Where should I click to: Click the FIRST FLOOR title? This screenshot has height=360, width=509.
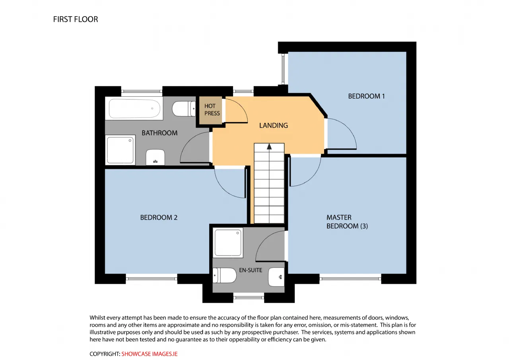[x=76, y=19]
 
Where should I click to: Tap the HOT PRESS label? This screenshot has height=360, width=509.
[x=212, y=109]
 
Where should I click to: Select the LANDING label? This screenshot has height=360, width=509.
[x=274, y=125]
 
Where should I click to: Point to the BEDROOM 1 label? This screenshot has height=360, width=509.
[x=366, y=96]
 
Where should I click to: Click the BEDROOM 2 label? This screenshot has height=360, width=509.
[x=159, y=218]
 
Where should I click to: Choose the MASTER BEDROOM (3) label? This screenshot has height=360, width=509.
[x=347, y=222]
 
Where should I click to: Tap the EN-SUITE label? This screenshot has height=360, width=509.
[x=251, y=270]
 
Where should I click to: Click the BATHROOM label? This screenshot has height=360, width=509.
[x=159, y=133]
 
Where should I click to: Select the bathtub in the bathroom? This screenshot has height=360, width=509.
[x=134, y=109]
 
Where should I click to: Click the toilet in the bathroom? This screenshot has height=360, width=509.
[x=184, y=109]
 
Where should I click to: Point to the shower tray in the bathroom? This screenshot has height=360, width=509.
[x=120, y=150]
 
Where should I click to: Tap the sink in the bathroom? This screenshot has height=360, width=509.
[x=155, y=157]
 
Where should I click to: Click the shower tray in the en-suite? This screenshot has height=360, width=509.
[x=228, y=243]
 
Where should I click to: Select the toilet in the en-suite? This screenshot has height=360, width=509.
[x=225, y=275]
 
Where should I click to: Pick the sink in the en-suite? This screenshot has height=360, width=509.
[x=276, y=277]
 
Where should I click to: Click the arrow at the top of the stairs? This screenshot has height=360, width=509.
[x=269, y=147]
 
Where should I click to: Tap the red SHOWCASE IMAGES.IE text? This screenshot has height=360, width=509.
[x=150, y=354]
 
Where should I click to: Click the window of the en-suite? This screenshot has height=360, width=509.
[x=249, y=297]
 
